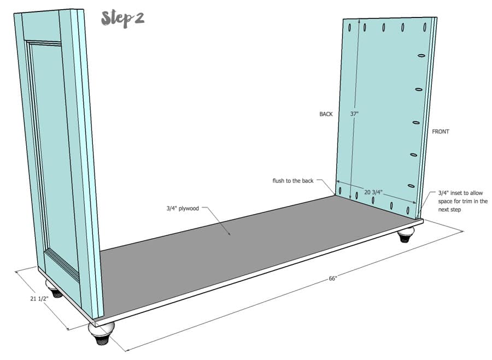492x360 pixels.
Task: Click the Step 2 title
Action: pyautogui.click(x=122, y=19)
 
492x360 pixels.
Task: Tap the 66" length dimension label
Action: pyautogui.click(x=333, y=278)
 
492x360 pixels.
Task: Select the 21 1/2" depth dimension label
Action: pyautogui.click(x=39, y=298)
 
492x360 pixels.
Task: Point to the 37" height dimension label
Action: pyautogui.click(x=354, y=114)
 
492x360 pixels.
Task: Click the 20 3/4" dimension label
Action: pyautogui.click(x=373, y=192)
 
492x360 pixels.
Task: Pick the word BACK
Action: pyautogui.click(x=326, y=114)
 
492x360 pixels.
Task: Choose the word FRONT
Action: pyautogui.click(x=441, y=132)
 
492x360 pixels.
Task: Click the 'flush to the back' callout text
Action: pyautogui.click(x=293, y=181)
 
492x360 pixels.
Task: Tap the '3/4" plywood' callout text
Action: pyautogui.click(x=183, y=208)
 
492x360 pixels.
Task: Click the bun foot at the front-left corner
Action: pyautogui.click(x=100, y=332)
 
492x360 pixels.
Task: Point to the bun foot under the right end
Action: pyautogui.click(x=405, y=236)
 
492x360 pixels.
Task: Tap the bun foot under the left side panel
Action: pyautogui.click(x=54, y=288)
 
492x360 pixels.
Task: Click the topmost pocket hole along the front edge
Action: pyautogui.click(x=421, y=56)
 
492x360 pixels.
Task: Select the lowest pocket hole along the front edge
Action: pyautogui.click(x=411, y=186)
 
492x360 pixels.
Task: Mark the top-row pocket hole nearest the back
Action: pyautogui.click(x=349, y=28)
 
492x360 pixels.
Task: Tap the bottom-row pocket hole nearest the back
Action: pyautogui.click(x=340, y=190)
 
